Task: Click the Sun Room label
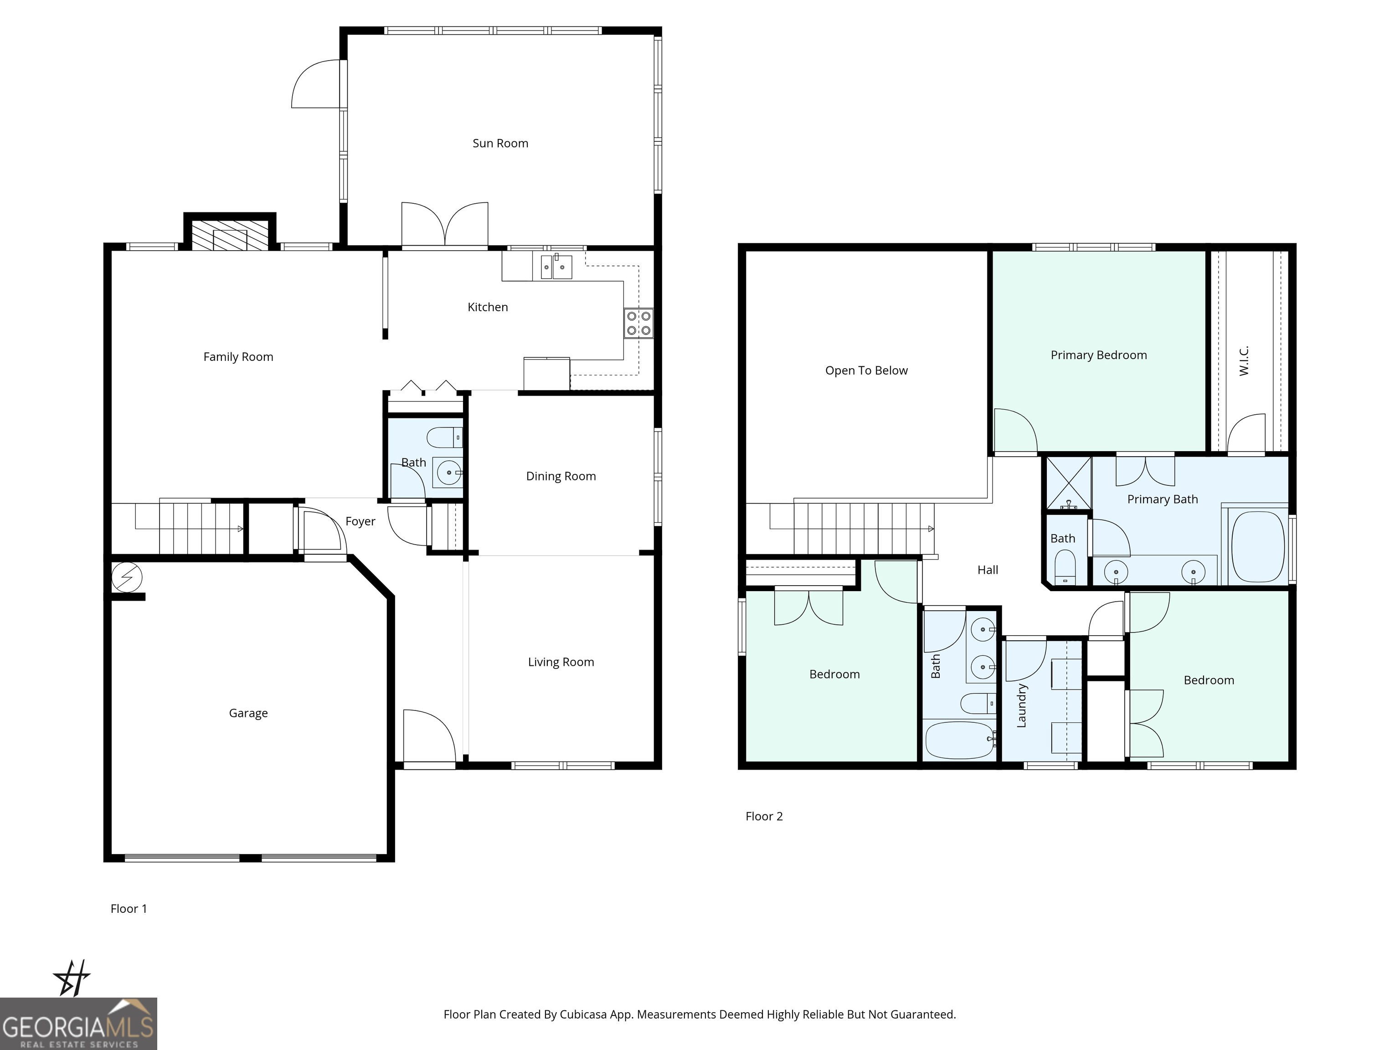click(500, 144)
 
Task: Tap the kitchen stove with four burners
click(638, 323)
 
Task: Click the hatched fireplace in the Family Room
click(229, 235)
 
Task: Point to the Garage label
click(248, 713)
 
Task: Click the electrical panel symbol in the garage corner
click(127, 577)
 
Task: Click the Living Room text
click(561, 662)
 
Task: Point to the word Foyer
click(360, 521)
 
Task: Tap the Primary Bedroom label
click(1098, 355)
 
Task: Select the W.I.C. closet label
click(1244, 361)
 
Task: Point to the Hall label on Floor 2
click(988, 570)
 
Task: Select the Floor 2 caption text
click(764, 817)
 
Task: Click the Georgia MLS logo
click(78, 1024)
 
